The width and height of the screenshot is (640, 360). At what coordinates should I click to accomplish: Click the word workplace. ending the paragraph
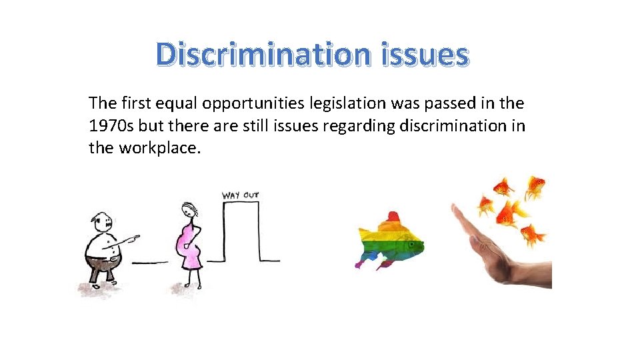tap(159, 147)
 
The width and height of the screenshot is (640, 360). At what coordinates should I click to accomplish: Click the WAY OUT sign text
tap(240, 195)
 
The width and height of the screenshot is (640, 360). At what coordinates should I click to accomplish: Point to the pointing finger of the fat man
tap(135, 237)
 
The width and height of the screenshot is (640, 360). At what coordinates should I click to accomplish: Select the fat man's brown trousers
tap(103, 268)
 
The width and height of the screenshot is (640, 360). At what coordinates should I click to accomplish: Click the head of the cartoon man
tap(101, 222)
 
